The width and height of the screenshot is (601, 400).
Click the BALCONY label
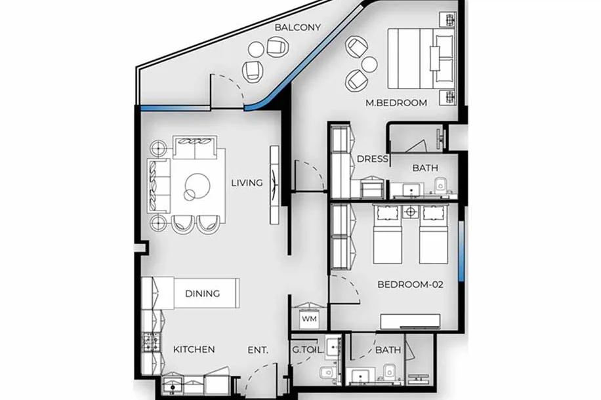coord(297,28)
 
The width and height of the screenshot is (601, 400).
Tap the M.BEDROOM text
coord(396,103)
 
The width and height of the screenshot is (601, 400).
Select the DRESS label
coord(372,159)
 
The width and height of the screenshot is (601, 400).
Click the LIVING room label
coord(247,183)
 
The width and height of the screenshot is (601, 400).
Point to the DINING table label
coord(202,294)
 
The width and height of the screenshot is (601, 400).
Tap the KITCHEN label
coord(194,350)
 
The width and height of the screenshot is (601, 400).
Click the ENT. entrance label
coord(258,350)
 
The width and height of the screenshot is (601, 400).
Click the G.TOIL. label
coord(308,350)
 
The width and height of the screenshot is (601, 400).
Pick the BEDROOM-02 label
coord(411,285)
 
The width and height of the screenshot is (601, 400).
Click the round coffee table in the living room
coord(197,186)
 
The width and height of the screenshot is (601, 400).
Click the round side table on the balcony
coord(256,49)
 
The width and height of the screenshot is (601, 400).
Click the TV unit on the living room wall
coord(275,185)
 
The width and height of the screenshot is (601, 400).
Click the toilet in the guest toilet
coord(327,373)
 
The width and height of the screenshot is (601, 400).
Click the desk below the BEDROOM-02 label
coord(410,321)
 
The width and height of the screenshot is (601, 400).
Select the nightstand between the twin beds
coord(411,212)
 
